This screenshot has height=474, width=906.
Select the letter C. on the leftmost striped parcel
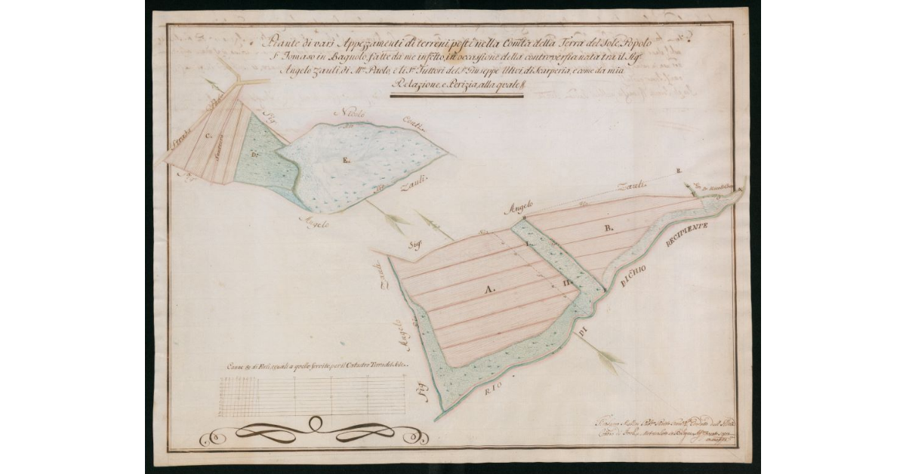tap(208, 137)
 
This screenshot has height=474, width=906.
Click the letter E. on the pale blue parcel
tap(345, 160)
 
